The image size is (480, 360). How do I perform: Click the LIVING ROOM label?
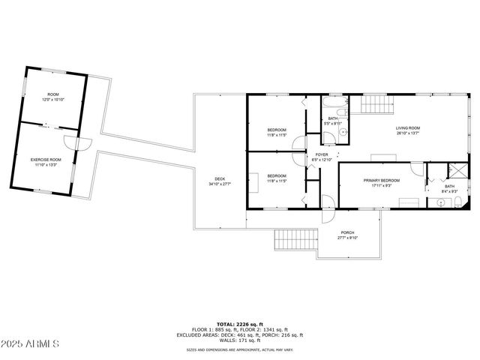tap(408, 129)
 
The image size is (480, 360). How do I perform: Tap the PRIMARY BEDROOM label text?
tap(382, 181)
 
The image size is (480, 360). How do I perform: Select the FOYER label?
tap(322, 154)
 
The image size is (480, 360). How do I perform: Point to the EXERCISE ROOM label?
tap(46, 160)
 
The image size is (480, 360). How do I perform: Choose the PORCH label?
tap(348, 232)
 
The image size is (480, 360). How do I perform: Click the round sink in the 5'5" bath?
tap(342, 133)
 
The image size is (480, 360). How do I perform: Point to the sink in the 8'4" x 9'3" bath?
tap(440, 202)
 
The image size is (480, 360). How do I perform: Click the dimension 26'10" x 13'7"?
tap(408, 135)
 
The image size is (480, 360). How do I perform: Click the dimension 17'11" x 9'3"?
tap(382, 187)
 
